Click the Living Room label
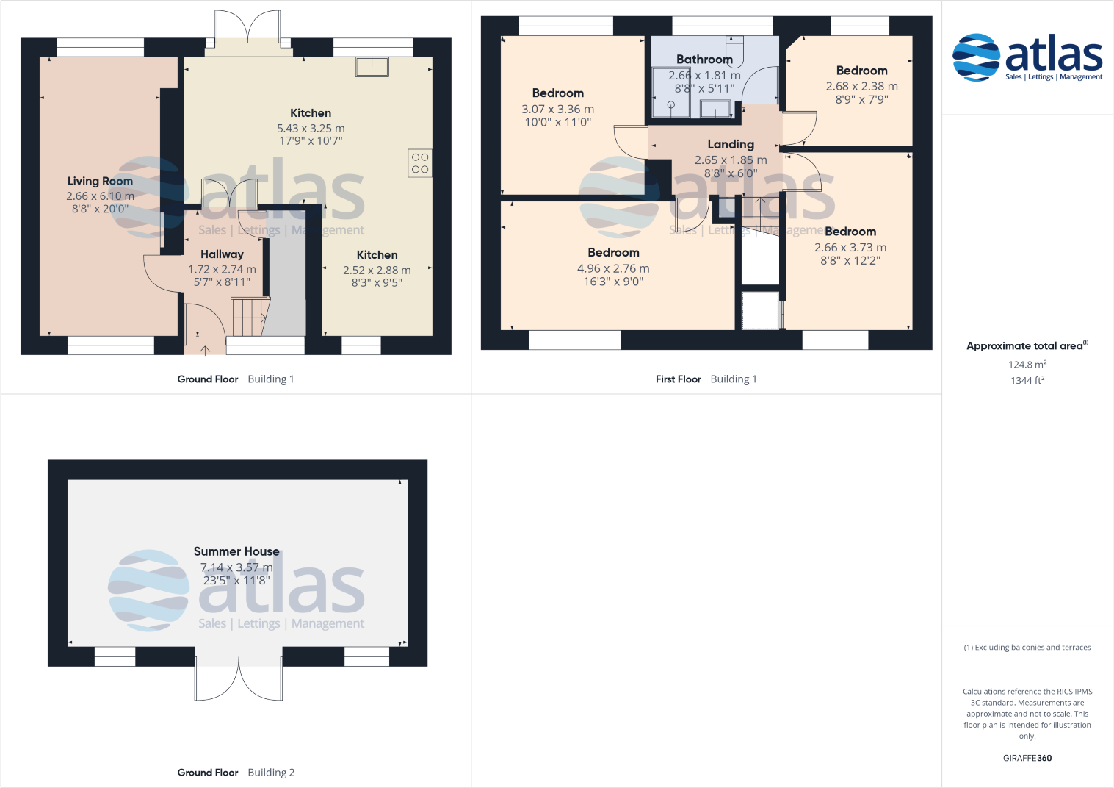pyautogui.click(x=100, y=181)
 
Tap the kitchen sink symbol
pyautogui.click(x=372, y=67)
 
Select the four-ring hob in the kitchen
pyautogui.click(x=420, y=163)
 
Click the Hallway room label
pyautogui.click(x=222, y=254)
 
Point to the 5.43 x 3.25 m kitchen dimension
pyautogui.click(x=311, y=128)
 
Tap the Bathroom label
pyautogui.click(x=704, y=60)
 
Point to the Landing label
pyautogui.click(x=731, y=145)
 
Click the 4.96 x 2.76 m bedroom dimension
pyautogui.click(x=613, y=269)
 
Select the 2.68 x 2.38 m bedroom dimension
pyautogui.click(x=861, y=86)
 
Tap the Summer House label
pyautogui.click(x=236, y=551)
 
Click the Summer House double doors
pyautogui.click(x=239, y=680)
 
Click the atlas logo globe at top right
pyautogui.click(x=976, y=57)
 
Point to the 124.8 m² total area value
pyautogui.click(x=1027, y=365)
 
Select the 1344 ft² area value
pyautogui.click(x=1027, y=380)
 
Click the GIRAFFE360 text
pyautogui.click(x=1027, y=758)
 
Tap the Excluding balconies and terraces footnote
pyautogui.click(x=1027, y=648)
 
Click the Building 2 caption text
pyautogui.click(x=271, y=773)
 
